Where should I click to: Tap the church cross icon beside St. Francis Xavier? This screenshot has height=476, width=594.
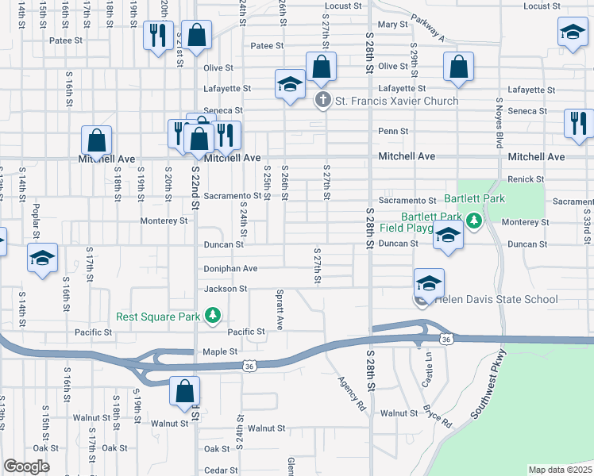click(x=322, y=101)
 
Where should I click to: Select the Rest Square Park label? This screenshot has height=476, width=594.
click(x=158, y=317)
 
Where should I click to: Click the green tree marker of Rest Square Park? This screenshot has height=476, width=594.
click(x=212, y=317)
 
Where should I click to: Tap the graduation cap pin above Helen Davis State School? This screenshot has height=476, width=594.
click(x=429, y=283)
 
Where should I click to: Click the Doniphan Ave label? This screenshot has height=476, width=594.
click(x=231, y=269)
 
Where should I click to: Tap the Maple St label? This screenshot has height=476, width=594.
click(x=222, y=351)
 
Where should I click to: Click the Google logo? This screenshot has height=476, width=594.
click(x=26, y=466)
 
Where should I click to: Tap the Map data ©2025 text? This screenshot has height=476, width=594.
click(x=560, y=470)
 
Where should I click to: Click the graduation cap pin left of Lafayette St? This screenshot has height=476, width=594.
click(x=291, y=85)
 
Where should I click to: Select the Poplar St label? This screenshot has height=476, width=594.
click(x=36, y=221)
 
